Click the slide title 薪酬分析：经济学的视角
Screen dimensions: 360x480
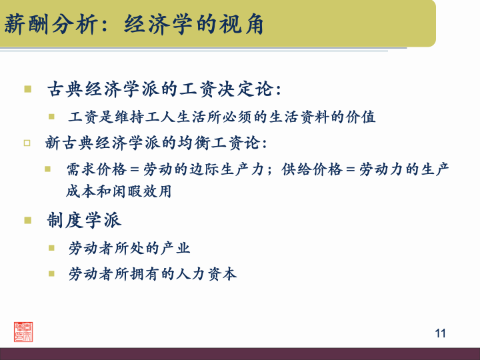(x=134, y=25)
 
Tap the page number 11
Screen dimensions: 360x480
(x=439, y=333)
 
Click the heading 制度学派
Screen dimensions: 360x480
(x=84, y=220)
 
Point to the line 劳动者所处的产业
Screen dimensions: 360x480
(x=129, y=249)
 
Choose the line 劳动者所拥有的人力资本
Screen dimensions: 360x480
(x=152, y=273)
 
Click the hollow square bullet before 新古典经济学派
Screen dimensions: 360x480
(x=27, y=143)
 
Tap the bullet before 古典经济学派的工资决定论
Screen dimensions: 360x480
(x=27, y=89)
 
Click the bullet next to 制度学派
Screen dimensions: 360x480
(x=27, y=220)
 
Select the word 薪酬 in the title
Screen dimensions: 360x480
(x=21, y=25)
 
